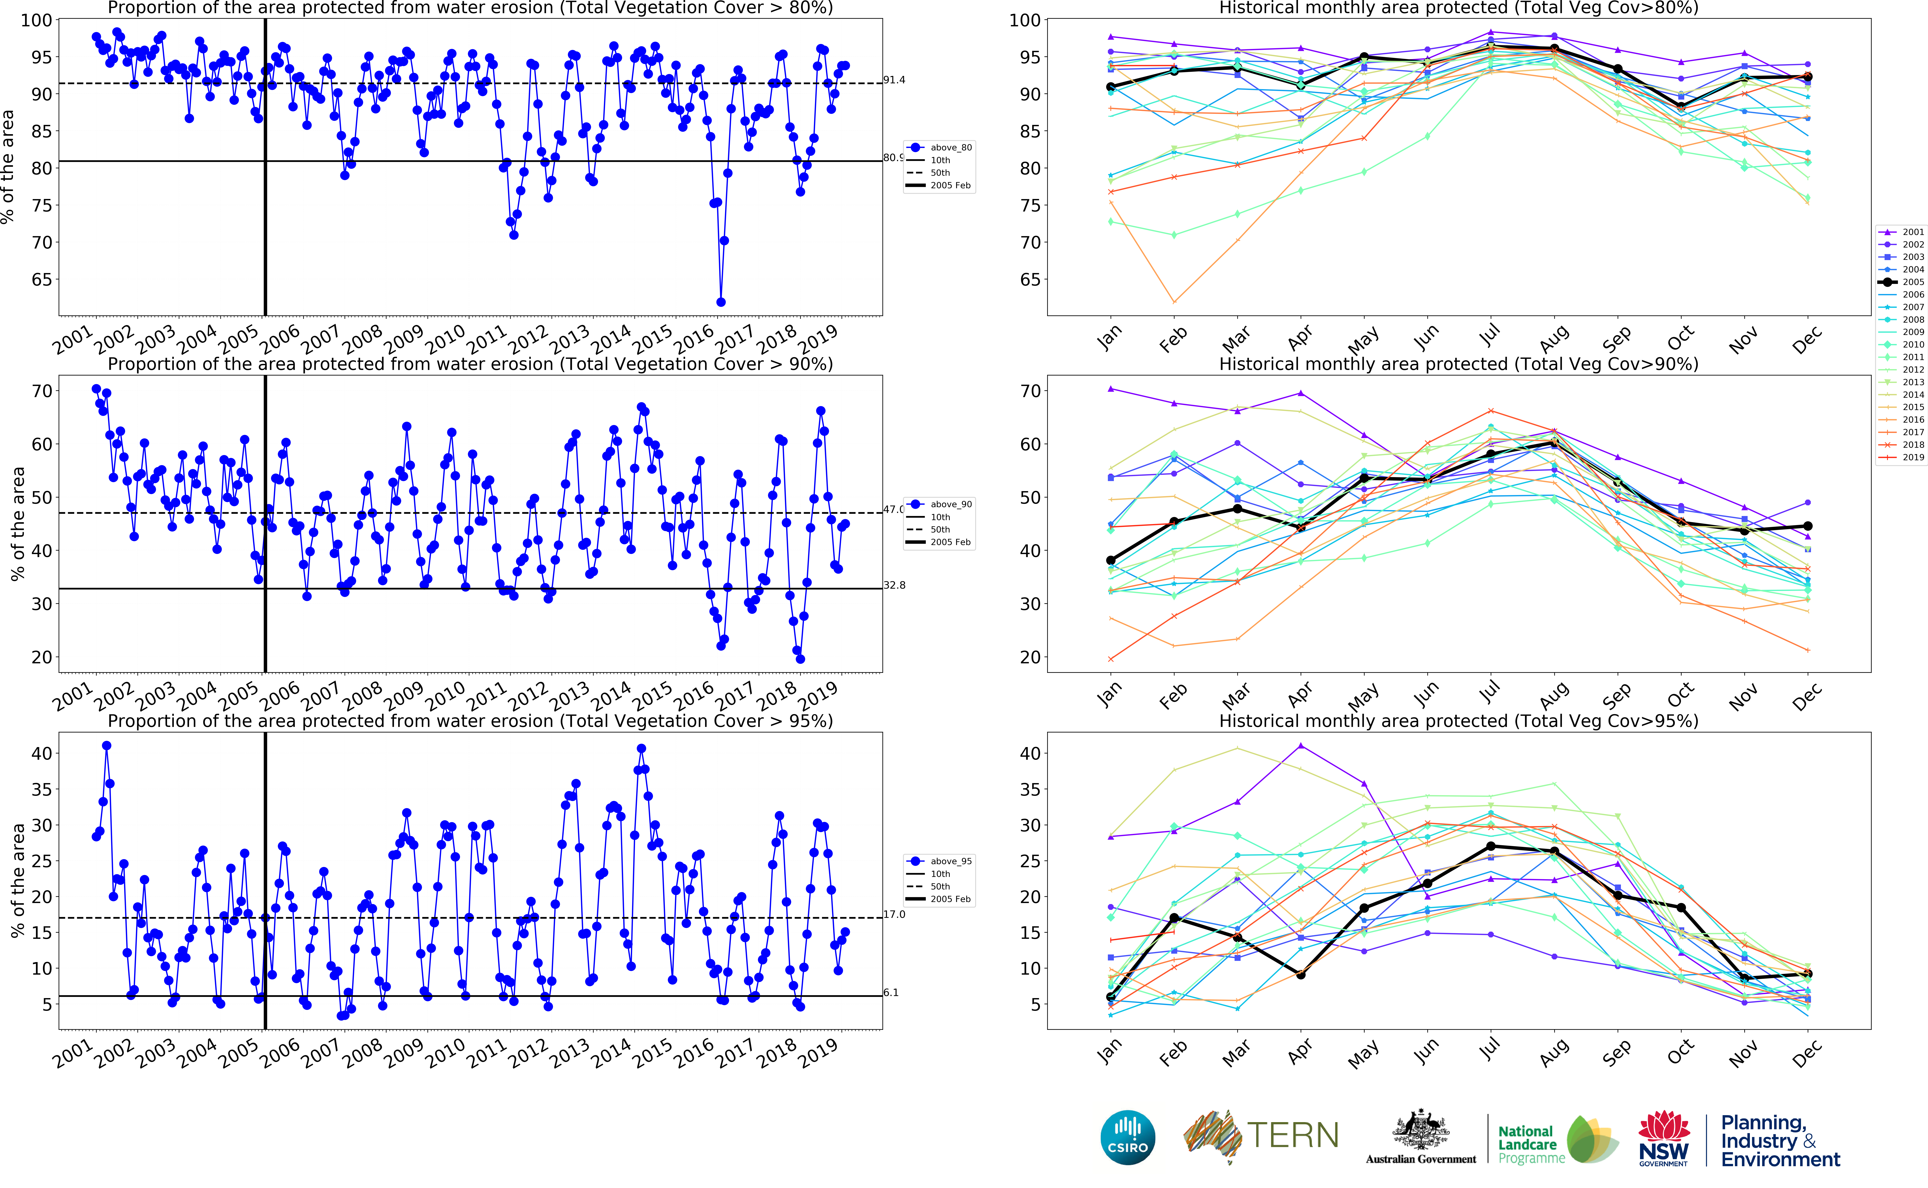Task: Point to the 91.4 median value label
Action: pos(894,80)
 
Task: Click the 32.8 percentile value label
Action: pos(894,585)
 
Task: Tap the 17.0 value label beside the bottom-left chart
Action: pos(894,915)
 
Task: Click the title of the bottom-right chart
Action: pos(1458,721)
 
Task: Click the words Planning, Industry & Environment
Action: pos(1779,1141)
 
